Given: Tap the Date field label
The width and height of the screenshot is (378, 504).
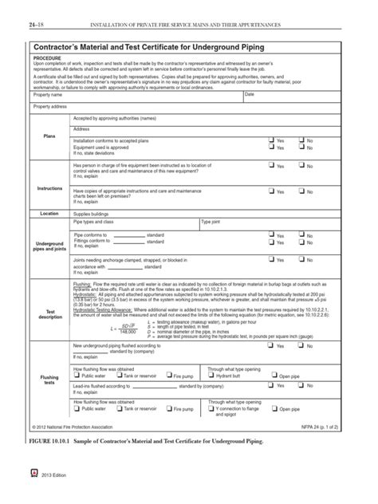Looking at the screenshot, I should pyautogui.click(x=250, y=95).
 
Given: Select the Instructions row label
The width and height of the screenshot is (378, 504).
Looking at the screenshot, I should pyautogui.click(x=49, y=188).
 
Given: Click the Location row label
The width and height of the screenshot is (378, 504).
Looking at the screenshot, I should pyautogui.click(x=49, y=214).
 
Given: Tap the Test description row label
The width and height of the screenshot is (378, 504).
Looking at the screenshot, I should pyautogui.click(x=49, y=313).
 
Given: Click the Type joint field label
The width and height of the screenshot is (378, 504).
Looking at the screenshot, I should pyautogui.click(x=212, y=222).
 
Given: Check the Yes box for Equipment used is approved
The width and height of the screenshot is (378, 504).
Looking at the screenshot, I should pyautogui.click(x=272, y=147).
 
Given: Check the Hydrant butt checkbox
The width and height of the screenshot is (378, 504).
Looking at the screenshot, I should pyautogui.click(x=211, y=375).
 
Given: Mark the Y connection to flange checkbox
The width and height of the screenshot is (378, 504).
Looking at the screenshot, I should pyautogui.click(x=211, y=409).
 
